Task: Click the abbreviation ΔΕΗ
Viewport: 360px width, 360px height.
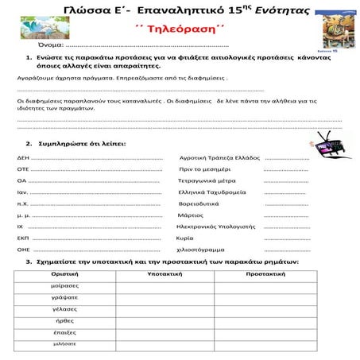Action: (23, 158)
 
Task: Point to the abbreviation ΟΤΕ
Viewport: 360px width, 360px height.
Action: (23, 169)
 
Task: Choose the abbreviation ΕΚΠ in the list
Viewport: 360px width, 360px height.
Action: (23, 238)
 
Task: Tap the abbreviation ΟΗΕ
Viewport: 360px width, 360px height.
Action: (23, 250)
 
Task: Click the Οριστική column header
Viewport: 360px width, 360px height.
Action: (64, 273)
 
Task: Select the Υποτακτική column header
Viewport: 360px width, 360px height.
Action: (165, 273)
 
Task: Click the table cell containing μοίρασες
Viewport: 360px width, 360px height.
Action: (64, 285)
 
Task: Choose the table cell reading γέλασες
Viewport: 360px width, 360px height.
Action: (64, 308)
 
